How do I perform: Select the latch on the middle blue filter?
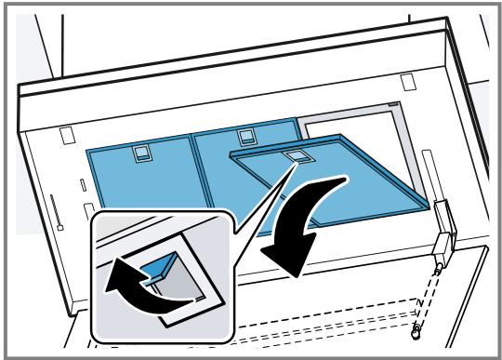pyautogui.click(x=247, y=138)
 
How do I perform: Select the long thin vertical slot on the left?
pyautogui.click(x=57, y=212)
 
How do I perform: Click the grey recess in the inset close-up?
pyautogui.click(x=186, y=284)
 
